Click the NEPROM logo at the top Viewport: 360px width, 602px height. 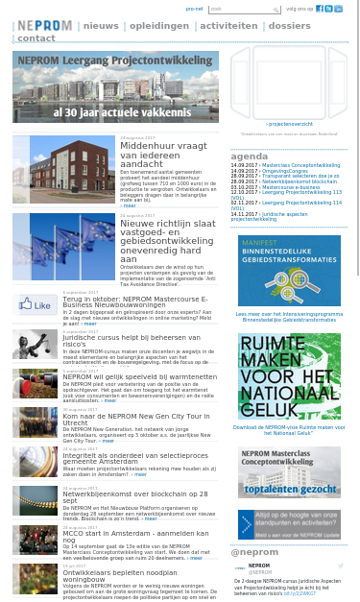(x=43, y=26)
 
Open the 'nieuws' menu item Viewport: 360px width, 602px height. (x=101, y=26)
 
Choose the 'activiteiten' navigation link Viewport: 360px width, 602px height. (x=228, y=26)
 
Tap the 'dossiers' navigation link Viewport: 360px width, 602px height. (x=289, y=26)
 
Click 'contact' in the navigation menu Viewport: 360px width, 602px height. (x=36, y=38)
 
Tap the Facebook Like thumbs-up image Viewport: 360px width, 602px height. (x=35, y=305)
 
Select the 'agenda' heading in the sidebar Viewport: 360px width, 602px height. (x=250, y=156)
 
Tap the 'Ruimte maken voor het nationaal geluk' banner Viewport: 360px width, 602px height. (x=289, y=362)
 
